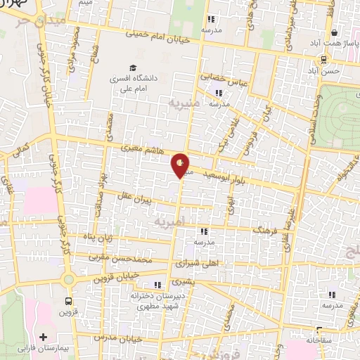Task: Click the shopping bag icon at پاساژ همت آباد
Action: [334, 32]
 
